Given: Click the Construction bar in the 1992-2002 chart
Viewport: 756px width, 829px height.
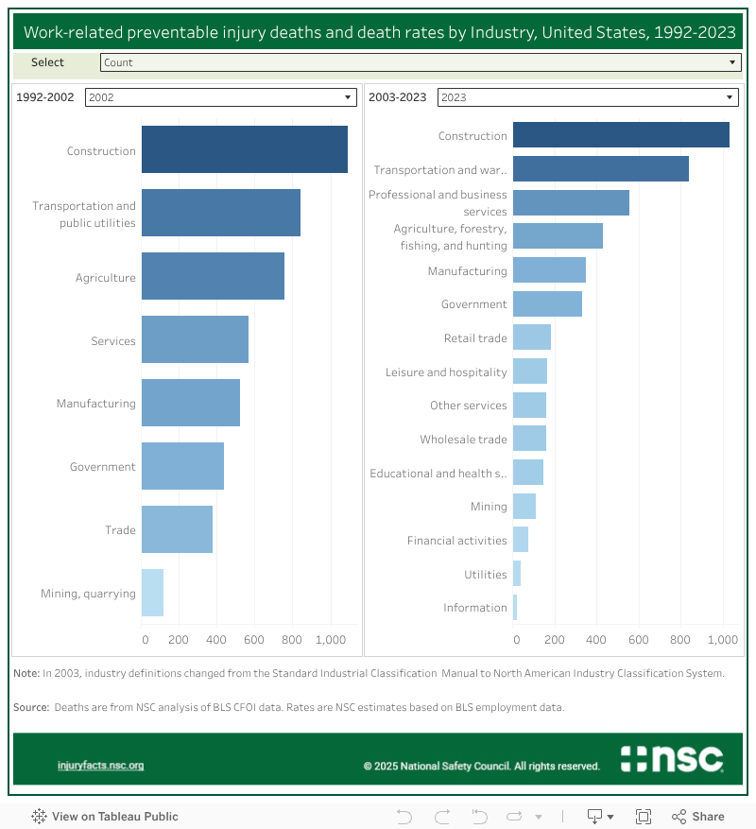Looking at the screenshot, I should (x=244, y=149).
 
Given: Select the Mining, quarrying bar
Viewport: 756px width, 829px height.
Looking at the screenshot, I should (x=152, y=593).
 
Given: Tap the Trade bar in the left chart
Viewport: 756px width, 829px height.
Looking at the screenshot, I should (x=177, y=529).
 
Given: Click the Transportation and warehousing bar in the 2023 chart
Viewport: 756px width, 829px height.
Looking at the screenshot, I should (x=600, y=169).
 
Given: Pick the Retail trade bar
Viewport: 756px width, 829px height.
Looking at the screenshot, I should (x=531, y=337).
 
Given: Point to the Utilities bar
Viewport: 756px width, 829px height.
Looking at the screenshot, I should (x=517, y=574).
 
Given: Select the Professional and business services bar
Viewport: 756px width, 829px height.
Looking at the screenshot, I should (x=571, y=202).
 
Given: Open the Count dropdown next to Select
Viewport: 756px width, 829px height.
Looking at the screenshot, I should (x=420, y=62).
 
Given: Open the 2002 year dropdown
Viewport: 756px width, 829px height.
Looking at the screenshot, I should (x=220, y=97).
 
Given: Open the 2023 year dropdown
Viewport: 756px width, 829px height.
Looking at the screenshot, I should (x=587, y=97).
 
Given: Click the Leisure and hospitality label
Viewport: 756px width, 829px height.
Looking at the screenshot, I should (x=446, y=372).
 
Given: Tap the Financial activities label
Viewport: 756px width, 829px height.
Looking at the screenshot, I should (x=456, y=541).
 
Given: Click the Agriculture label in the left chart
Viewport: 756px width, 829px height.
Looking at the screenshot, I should (x=106, y=278).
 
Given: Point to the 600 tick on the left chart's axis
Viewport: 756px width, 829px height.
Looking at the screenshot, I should (x=253, y=640).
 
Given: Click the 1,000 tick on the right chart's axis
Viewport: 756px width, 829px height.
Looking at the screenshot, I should (x=722, y=640).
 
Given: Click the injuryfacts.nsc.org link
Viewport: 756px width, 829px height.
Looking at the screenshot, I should (x=100, y=766).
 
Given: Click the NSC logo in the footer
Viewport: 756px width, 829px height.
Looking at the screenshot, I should (x=672, y=759).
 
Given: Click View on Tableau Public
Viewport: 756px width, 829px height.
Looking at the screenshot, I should (x=105, y=816).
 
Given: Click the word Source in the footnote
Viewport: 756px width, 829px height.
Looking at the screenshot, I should (x=30, y=707).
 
